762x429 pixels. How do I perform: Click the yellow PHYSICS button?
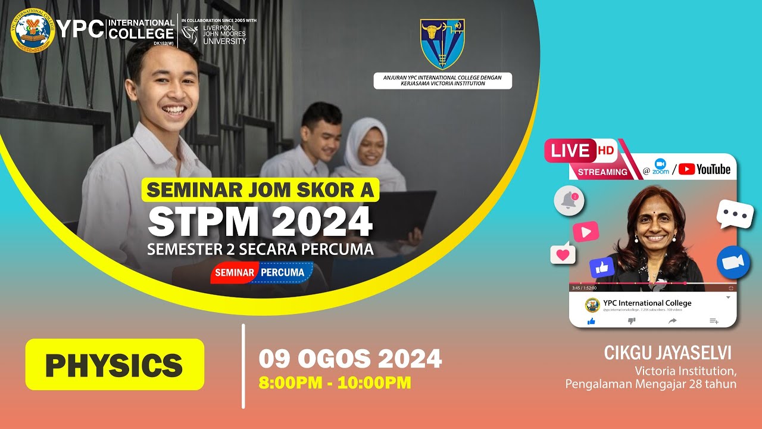pos(114,365)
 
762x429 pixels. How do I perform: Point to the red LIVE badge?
pos(570,151)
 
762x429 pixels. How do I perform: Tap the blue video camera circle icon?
pos(733,263)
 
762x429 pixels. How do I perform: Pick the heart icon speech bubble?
pos(563,254)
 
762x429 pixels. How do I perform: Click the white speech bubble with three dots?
pos(735,214)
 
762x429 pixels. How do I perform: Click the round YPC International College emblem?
pos(33,30)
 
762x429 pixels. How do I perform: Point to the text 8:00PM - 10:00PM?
pos(335,383)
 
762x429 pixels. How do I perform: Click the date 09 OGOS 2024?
pos(350,359)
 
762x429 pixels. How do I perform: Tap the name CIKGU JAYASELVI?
pos(667,353)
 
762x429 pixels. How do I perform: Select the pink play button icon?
pos(586,231)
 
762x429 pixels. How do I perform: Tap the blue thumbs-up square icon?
pos(602,268)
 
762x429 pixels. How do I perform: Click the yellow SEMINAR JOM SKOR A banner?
pos(260,189)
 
